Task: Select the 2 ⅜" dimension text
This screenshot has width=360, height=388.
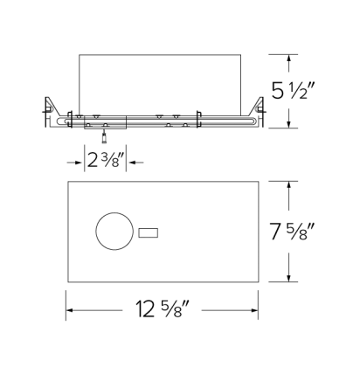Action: click(106, 160)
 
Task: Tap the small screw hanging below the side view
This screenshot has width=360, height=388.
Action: click(105, 136)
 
